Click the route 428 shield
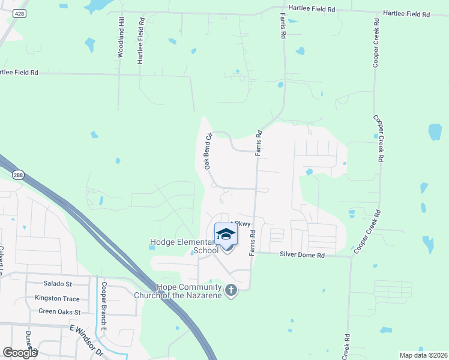20,13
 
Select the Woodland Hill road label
120,38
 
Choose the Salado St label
57,283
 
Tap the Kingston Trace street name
57,298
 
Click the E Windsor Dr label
86,340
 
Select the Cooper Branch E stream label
104,307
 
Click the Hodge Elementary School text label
184,247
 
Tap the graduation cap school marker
226,234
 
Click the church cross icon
231,292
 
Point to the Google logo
20,353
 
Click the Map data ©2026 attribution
423,355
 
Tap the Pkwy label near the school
242,224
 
